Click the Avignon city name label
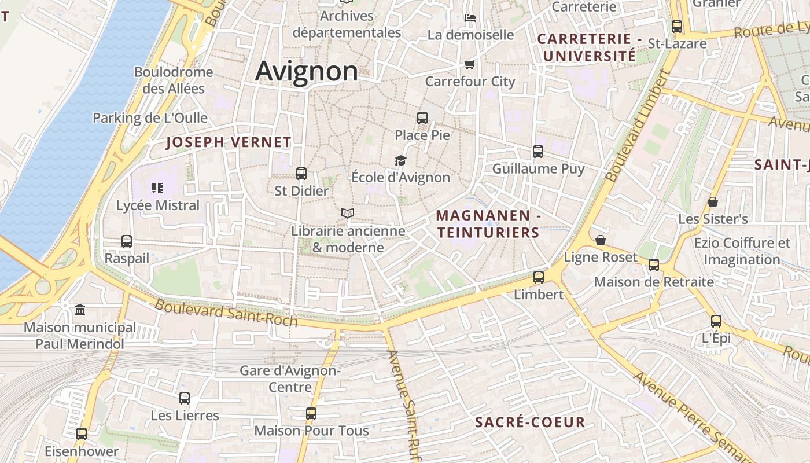click(x=307, y=71)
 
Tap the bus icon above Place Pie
click(x=422, y=118)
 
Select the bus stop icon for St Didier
click(x=301, y=173)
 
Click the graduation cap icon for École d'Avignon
click(x=400, y=160)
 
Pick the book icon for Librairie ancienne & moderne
click(x=347, y=214)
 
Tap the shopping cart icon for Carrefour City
click(x=470, y=64)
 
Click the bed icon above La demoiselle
click(x=470, y=17)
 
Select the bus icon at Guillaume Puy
click(x=538, y=152)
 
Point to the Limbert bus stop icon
click(x=539, y=277)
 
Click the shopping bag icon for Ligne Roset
click(x=601, y=240)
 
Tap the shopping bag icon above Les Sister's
click(x=713, y=202)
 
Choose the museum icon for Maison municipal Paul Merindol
click(x=80, y=310)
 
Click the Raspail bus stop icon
click(x=127, y=241)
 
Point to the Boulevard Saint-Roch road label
click(x=226, y=313)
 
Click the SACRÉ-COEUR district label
click(x=530, y=422)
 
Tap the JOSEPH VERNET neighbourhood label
click(x=229, y=142)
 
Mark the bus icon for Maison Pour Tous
click(x=311, y=413)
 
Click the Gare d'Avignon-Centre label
click(x=290, y=379)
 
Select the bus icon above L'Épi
click(x=716, y=321)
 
